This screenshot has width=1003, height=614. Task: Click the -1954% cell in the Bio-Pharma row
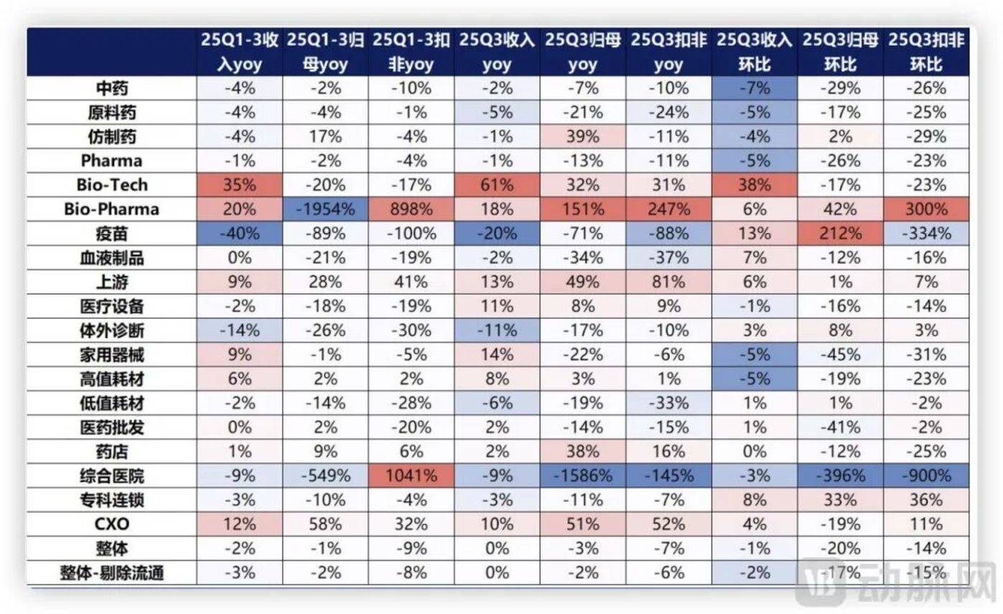(325, 209)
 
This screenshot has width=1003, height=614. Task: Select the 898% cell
(412, 209)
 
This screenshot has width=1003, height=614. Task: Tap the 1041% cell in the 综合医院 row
(412, 476)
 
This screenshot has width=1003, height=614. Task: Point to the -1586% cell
(583, 476)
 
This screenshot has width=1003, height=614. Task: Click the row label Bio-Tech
(112, 185)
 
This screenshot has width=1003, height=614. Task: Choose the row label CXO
(112, 524)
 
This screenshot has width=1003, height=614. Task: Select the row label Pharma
(112, 161)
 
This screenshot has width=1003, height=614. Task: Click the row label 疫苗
(112, 234)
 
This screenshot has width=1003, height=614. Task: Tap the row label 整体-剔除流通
(112, 573)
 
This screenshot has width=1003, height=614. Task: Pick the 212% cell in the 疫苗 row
(840, 234)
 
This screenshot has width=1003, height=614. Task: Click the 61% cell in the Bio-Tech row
(497, 185)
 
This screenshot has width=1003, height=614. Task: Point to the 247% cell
(668, 209)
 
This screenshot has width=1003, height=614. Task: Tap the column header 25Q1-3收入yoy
(239, 52)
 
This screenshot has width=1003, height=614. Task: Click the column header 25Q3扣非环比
(926, 52)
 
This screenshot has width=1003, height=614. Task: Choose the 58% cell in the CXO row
(325, 524)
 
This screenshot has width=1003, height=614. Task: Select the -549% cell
(325, 476)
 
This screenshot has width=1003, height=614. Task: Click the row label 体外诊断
(112, 331)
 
